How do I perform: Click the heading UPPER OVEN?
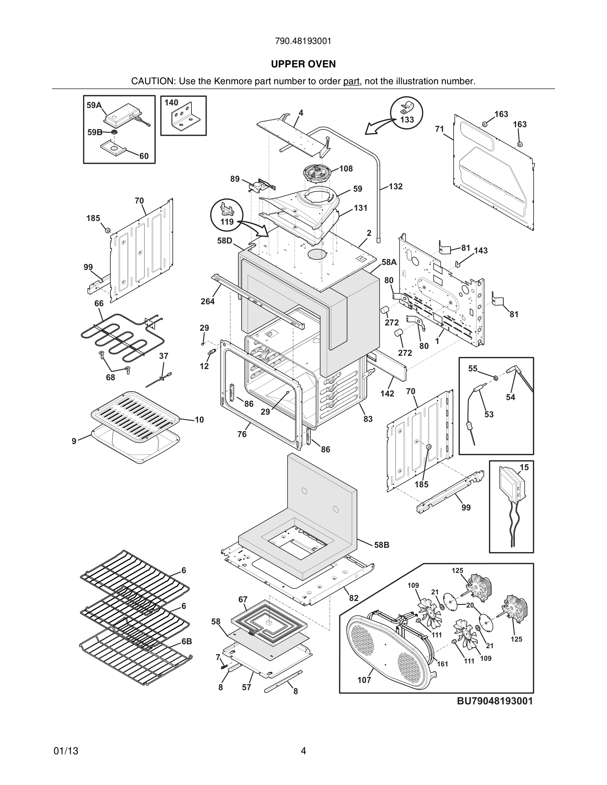point(303,64)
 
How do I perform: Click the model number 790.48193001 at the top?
point(303,41)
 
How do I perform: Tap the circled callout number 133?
point(407,120)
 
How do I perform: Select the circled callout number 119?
point(227,222)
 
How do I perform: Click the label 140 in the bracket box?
point(171,103)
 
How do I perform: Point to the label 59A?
point(94,105)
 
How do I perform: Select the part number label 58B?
point(382,545)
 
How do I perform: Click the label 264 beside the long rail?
point(208,302)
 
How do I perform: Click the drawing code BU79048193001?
point(495,701)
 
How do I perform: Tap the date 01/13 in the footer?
point(66,751)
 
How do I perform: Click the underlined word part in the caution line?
point(351,82)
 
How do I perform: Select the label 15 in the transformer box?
point(524,467)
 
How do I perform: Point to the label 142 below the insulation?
point(387,393)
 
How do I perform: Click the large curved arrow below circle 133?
point(378,128)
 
